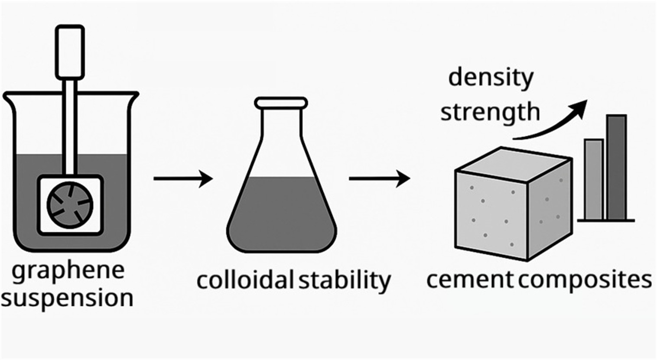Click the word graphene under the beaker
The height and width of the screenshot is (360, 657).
pyautogui.click(x=68, y=271)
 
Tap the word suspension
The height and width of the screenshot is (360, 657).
pyautogui.click(x=67, y=298)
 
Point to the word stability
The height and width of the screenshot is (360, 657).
pyautogui.click(x=345, y=281)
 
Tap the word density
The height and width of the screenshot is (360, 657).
pyautogui.click(x=491, y=78)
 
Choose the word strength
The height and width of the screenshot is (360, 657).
pyautogui.click(x=490, y=112)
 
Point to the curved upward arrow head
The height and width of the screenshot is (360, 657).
pyautogui.click(x=579, y=107)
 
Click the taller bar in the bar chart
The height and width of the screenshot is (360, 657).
pyautogui.click(x=616, y=167)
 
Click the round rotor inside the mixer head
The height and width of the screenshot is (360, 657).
pyautogui.click(x=70, y=204)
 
